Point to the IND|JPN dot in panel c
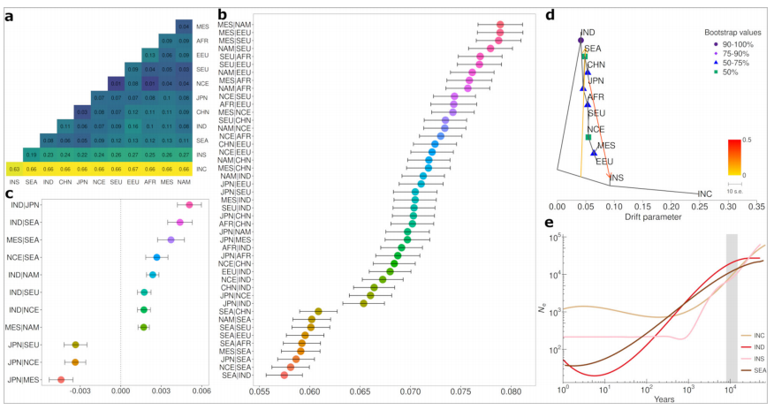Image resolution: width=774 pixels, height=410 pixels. coord(188,205)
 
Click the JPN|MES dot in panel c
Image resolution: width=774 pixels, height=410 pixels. coord(60,379)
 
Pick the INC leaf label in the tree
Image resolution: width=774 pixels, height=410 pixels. coord(705,194)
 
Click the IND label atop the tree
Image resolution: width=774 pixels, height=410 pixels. coord(588,32)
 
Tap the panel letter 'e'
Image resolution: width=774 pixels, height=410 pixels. coord(550,224)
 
